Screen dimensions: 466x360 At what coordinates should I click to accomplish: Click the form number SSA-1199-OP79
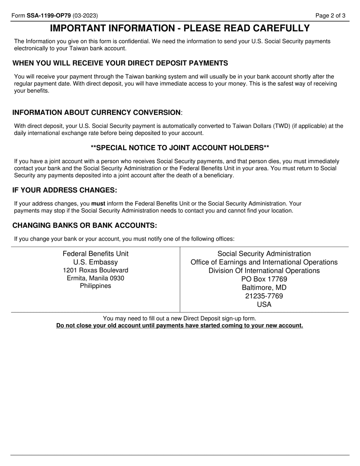coord(49,16)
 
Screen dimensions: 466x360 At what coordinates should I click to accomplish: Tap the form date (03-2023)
coord(85,16)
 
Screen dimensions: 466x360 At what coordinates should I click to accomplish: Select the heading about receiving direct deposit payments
coord(120,63)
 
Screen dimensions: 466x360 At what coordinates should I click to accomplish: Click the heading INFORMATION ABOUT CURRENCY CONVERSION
coord(97,113)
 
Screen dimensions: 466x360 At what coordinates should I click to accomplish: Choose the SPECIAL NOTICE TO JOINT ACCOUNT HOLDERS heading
coord(180,147)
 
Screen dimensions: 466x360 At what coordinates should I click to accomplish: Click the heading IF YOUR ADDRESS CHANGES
coord(65,190)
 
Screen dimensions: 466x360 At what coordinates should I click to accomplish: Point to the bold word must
coord(98,203)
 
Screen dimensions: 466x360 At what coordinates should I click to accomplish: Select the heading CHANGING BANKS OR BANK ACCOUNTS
coord(85,225)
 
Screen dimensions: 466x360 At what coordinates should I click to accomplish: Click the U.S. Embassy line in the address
coord(95,262)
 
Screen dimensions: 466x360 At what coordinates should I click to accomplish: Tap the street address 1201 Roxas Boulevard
coord(95,270)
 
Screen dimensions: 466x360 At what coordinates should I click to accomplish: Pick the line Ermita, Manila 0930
coord(95,278)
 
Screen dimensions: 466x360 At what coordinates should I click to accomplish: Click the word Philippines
coord(95,286)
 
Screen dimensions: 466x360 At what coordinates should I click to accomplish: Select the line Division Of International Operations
coord(264,271)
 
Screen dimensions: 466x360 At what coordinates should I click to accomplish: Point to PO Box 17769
coord(264,279)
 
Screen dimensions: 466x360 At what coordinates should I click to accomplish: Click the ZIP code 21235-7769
coord(264,296)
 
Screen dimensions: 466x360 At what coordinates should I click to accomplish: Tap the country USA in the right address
coord(264,304)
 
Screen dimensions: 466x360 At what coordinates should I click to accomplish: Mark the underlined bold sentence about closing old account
coord(180,325)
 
